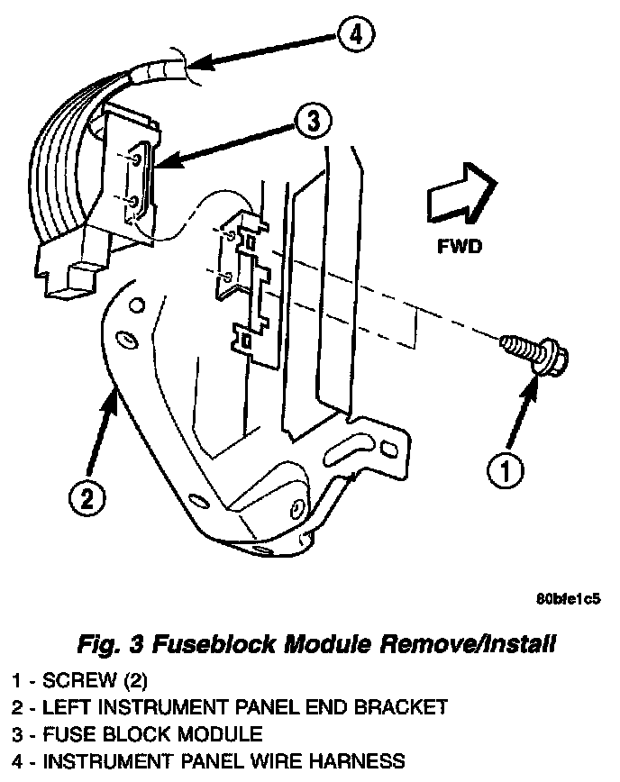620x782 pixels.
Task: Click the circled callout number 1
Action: click(506, 468)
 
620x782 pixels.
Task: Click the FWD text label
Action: click(460, 245)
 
